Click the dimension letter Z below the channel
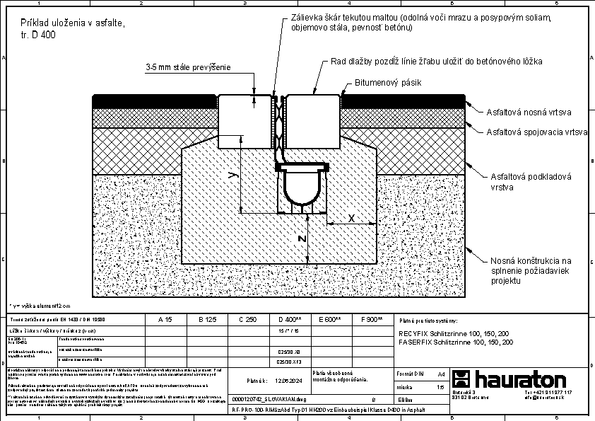[302, 239]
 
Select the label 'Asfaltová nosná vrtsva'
[529, 112]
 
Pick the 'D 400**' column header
[290, 320]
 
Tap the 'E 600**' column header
[331, 320]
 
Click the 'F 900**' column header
[371, 320]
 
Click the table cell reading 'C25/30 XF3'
[289, 361]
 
